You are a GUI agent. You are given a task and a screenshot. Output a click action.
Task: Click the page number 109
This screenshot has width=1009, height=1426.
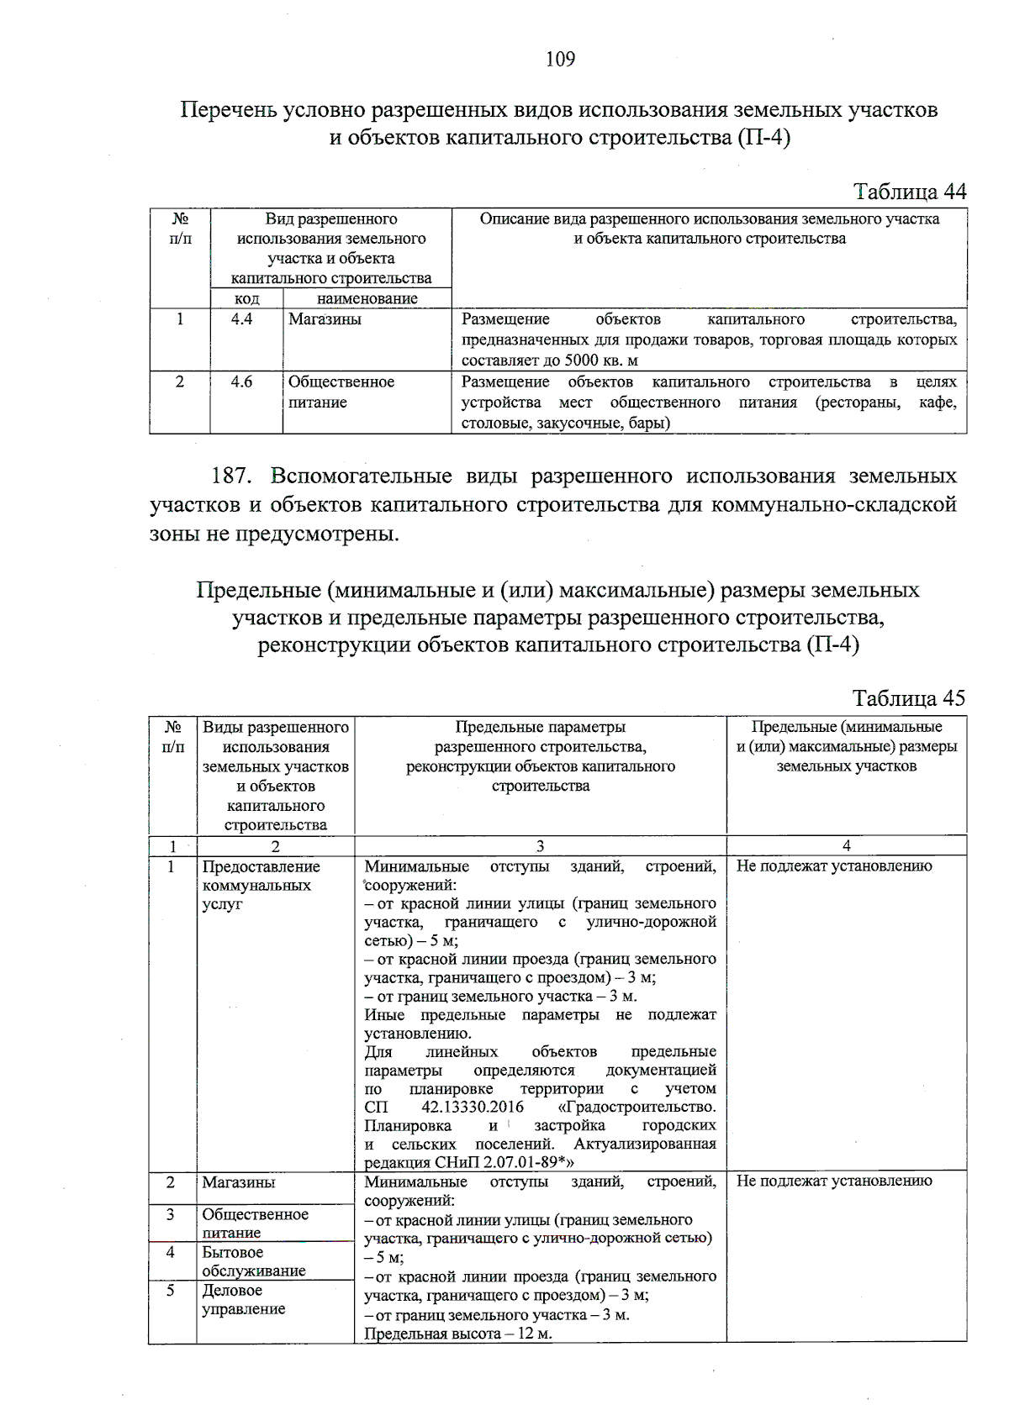click(560, 59)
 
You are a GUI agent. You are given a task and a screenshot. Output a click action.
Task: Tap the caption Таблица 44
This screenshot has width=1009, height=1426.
click(910, 192)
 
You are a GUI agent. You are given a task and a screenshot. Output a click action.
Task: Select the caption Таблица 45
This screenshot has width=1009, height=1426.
click(908, 698)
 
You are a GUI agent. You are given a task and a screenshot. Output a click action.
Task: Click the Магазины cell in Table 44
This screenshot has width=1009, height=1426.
click(325, 319)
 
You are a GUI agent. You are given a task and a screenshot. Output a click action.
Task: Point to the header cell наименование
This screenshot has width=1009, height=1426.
click(367, 298)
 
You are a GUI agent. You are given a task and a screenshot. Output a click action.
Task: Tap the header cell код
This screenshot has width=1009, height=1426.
click(246, 298)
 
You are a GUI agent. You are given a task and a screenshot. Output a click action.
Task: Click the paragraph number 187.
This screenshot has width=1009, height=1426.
click(231, 476)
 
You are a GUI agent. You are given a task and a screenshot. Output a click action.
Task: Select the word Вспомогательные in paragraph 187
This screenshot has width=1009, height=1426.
click(362, 476)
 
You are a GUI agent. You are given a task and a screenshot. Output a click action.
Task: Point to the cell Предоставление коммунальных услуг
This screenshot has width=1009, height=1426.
click(261, 885)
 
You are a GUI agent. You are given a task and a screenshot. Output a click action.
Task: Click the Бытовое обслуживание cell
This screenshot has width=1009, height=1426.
click(253, 1261)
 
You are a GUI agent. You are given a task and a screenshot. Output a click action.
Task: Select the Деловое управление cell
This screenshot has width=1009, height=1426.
click(243, 1299)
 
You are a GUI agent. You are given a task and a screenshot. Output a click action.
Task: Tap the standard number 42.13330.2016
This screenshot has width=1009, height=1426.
click(473, 1108)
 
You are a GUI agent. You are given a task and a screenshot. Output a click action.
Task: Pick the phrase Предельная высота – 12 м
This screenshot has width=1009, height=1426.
click(458, 1334)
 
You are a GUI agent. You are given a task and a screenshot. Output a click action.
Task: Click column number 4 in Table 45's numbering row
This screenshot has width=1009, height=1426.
click(846, 845)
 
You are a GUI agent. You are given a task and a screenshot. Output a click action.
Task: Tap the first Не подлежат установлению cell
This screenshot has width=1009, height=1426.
click(834, 866)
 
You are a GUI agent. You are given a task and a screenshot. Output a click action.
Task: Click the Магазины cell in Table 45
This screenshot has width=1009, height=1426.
click(238, 1182)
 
